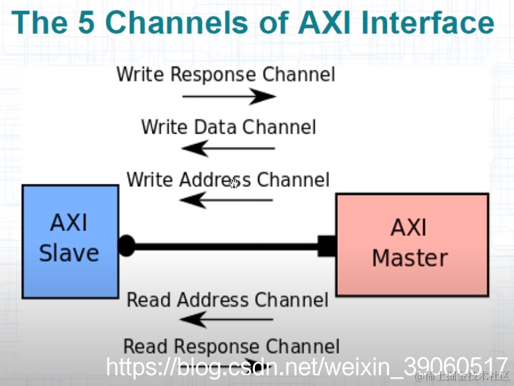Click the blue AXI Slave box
point(70,241)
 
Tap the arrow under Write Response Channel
point(229,96)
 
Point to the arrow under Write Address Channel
point(226,200)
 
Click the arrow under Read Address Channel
point(226,320)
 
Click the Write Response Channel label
point(226,75)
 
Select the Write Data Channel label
point(229,126)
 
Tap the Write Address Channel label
point(228,180)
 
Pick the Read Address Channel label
point(227,299)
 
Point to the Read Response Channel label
point(231,346)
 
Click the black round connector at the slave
point(127,246)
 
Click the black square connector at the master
point(327,246)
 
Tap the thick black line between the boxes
point(227,246)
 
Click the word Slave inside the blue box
point(69,253)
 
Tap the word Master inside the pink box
point(410,258)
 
